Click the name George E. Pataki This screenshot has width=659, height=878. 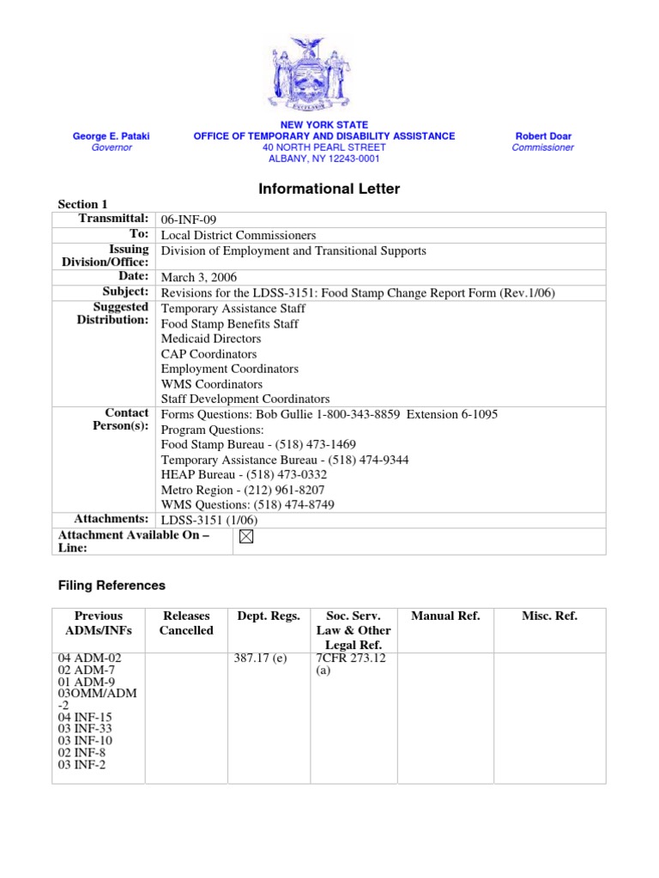pyautogui.click(x=112, y=135)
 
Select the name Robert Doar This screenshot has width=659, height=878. pyautogui.click(x=542, y=135)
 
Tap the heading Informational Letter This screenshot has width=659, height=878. pyautogui.click(x=329, y=189)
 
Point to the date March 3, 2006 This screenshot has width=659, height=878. pyautogui.click(x=199, y=278)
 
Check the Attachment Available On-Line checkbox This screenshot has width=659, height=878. pyautogui.click(x=246, y=538)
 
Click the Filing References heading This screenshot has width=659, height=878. pyautogui.click(x=112, y=586)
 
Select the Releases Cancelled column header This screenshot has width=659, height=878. pyautogui.click(x=186, y=623)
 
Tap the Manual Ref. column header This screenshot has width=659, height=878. pyautogui.click(x=445, y=616)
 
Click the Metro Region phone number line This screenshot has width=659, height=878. pyautogui.click(x=243, y=490)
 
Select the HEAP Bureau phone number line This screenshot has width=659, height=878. pyautogui.click(x=245, y=474)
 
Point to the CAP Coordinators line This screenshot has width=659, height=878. pyautogui.click(x=209, y=353)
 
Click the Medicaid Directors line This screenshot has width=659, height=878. pyautogui.click(x=211, y=339)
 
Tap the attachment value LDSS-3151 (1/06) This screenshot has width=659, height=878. pyautogui.click(x=209, y=520)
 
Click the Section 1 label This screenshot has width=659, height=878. pyautogui.click(x=82, y=204)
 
